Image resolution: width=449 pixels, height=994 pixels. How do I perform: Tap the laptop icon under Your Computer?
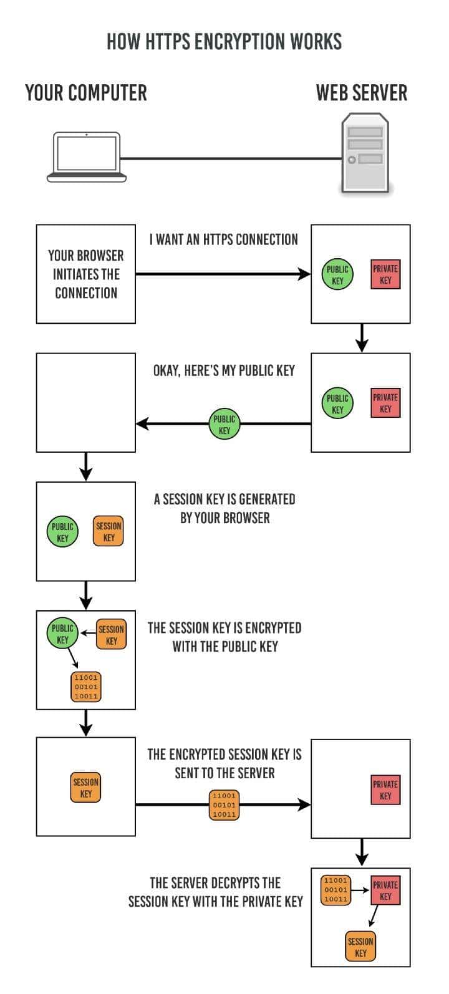(x=87, y=157)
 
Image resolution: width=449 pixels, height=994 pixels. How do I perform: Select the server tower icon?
(x=365, y=153)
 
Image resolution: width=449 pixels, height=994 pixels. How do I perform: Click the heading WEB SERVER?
(x=362, y=93)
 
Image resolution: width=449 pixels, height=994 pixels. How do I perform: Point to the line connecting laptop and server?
(x=231, y=158)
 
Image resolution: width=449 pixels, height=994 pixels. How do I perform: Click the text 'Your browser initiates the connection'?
(x=86, y=274)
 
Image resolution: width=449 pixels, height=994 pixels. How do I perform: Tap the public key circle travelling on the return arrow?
(x=224, y=425)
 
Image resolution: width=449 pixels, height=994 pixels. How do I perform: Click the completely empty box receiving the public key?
(x=86, y=402)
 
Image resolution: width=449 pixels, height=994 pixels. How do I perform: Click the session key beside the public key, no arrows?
(x=109, y=531)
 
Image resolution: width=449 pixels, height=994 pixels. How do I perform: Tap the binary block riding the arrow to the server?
(x=224, y=805)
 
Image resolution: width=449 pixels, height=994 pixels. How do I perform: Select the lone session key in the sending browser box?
(x=86, y=788)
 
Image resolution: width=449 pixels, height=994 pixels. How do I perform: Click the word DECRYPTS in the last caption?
(x=246, y=883)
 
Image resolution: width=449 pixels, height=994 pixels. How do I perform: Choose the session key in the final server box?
(x=360, y=947)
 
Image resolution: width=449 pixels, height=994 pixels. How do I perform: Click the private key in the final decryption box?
(x=385, y=890)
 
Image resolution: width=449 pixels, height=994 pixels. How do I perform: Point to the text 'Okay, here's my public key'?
(x=224, y=370)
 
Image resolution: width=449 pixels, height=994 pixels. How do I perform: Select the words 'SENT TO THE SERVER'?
(x=224, y=773)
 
